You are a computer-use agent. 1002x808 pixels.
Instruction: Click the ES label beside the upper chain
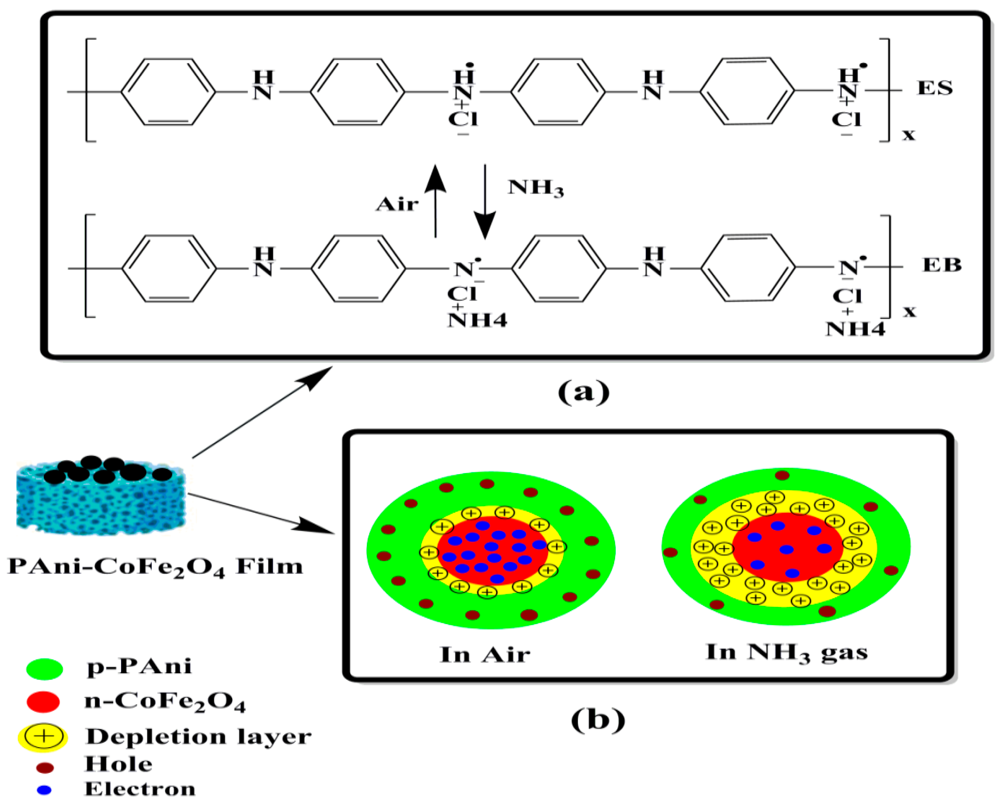934,88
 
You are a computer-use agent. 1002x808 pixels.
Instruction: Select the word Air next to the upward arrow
397,204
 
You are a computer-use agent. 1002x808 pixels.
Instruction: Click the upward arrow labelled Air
436,200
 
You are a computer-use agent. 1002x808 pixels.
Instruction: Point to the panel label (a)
583,391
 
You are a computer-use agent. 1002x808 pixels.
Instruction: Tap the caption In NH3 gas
786,652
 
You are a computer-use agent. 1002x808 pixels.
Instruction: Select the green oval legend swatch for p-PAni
45,669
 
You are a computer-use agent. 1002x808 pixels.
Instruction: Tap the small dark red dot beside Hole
45,768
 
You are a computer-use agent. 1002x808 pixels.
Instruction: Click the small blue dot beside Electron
44,790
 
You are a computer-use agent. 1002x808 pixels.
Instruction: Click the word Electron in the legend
140,789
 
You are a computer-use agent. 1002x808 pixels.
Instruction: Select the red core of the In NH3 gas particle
787,547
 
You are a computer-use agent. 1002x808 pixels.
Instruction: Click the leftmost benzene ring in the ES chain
168,92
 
